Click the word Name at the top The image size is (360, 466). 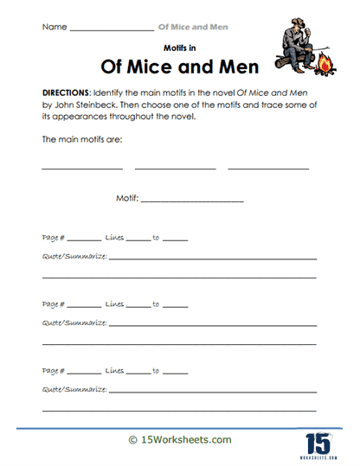point(53,28)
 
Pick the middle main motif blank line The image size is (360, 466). point(175,168)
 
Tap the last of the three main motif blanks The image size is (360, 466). point(268,168)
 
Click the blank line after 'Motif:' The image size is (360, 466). point(192,201)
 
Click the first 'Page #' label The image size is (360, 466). point(53,237)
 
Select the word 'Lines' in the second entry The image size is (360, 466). point(114,304)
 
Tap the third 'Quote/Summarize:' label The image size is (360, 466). point(74,389)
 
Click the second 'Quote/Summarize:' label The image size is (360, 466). point(74,322)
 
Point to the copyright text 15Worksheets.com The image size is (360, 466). point(180,440)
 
